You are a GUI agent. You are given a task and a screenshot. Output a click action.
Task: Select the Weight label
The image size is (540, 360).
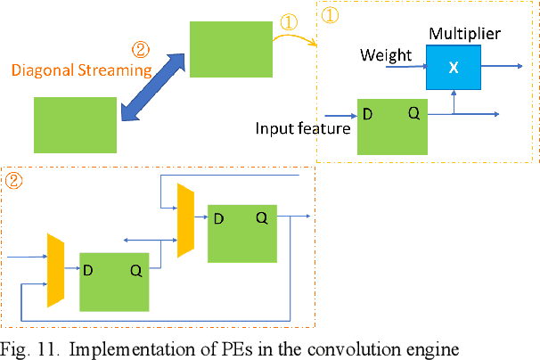click(385, 55)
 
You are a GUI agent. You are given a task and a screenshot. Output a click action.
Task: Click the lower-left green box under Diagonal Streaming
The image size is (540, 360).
click(76, 124)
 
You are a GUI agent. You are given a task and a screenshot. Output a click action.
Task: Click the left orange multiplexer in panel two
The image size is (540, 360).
click(56, 267)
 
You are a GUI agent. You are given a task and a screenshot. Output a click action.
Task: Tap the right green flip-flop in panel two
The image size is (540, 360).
click(241, 233)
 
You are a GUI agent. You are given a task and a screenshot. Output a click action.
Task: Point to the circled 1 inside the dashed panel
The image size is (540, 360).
click(329, 14)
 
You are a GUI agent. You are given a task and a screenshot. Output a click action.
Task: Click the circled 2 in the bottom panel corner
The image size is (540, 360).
click(14, 179)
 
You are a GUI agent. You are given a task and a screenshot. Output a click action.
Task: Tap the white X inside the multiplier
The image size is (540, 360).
click(454, 69)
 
